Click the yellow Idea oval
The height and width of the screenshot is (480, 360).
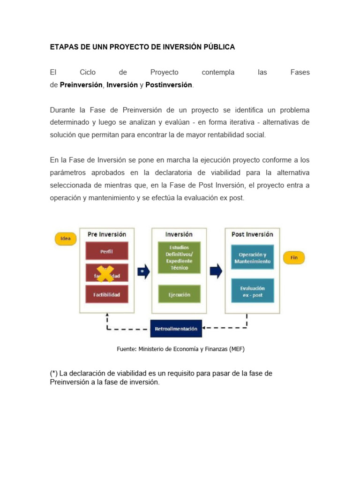[66, 239]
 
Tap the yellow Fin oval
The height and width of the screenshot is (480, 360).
[294, 257]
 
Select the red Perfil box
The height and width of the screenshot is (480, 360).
[106, 251]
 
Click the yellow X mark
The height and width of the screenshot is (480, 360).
[105, 273]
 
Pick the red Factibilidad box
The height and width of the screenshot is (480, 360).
[106, 294]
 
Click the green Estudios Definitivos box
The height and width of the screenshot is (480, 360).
[179, 257]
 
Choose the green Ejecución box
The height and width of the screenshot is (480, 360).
[179, 294]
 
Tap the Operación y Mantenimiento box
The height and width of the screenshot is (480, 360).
[252, 257]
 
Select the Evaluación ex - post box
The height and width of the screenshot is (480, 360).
[252, 292]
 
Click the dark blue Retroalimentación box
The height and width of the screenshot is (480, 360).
[176, 329]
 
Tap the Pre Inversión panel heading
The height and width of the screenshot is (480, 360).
[106, 234]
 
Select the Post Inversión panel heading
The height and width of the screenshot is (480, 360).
[252, 234]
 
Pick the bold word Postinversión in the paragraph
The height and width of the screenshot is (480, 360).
[169, 85]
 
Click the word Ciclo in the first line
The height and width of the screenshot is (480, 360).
[88, 72]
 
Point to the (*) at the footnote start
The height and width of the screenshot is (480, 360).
[54, 373]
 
